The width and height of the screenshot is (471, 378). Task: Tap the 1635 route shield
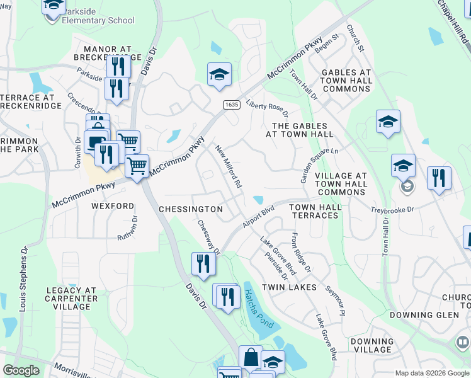point(229,105)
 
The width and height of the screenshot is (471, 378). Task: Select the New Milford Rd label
point(229,167)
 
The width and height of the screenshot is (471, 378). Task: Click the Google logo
point(21,370)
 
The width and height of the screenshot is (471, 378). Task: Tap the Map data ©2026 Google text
point(432,373)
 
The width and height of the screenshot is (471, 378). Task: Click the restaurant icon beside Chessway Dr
point(202,263)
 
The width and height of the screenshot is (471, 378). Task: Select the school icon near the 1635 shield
point(219,75)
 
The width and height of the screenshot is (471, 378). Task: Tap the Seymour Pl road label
point(335,301)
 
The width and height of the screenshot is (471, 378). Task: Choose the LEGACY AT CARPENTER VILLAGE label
point(72,299)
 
